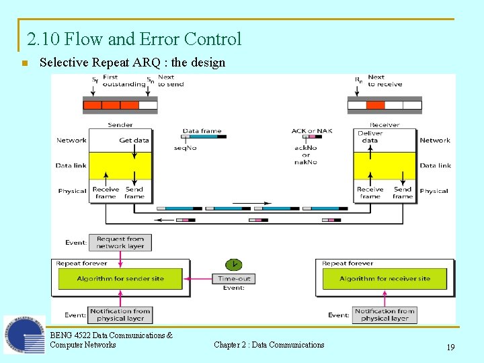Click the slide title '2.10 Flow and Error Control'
[x=134, y=39]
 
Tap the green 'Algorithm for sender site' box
[x=120, y=278]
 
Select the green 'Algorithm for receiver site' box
[x=385, y=278]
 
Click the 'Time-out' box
[x=234, y=278]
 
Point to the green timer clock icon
[x=233, y=264]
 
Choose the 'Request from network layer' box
[x=120, y=243]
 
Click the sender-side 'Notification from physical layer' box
[x=120, y=315]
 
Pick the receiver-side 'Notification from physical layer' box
[x=385, y=315]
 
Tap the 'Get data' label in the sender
[x=134, y=140]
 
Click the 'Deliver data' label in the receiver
[x=370, y=137]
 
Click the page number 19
[x=450, y=348]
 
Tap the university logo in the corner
[x=24, y=334]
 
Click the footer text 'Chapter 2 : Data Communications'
[x=269, y=345]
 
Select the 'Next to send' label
[x=171, y=81]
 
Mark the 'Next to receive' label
[x=385, y=81]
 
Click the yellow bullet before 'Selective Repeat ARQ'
[x=24, y=64]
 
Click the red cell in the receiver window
[x=375, y=105]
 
